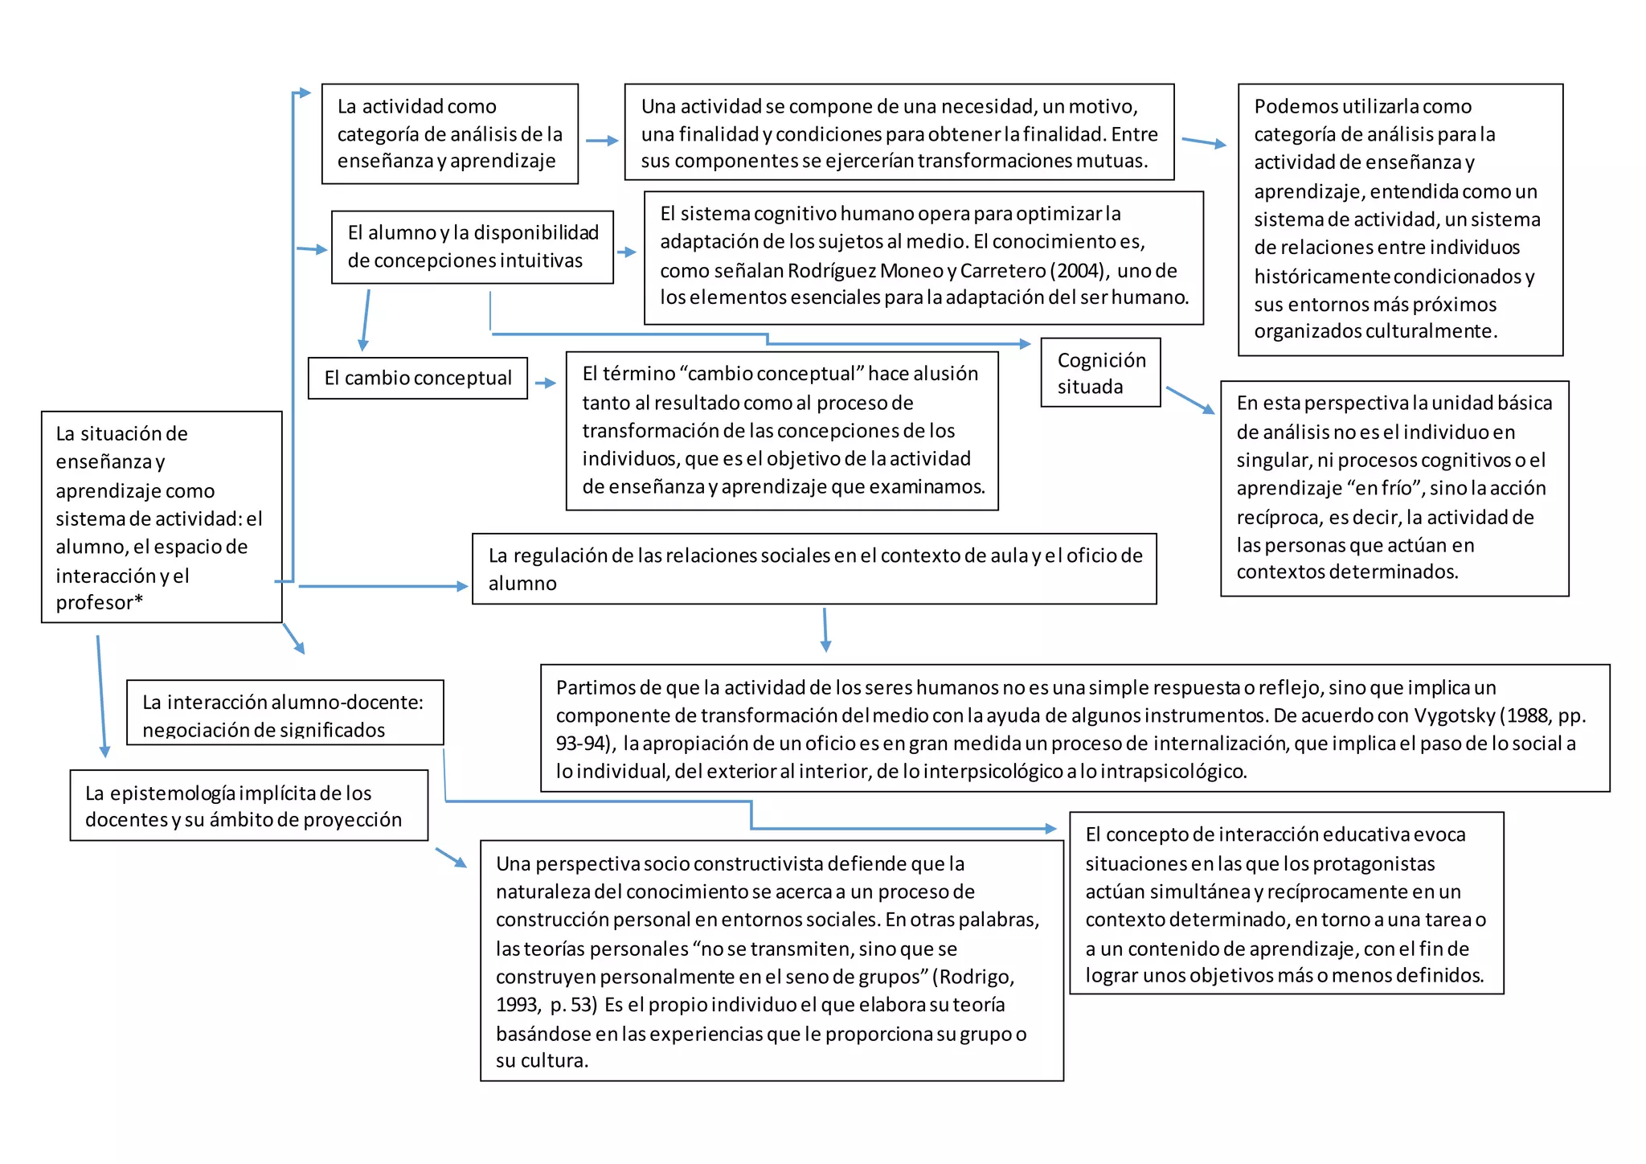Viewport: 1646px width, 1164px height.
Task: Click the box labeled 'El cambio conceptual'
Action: pos(417,378)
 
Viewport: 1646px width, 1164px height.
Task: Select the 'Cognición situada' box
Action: pos(1100,373)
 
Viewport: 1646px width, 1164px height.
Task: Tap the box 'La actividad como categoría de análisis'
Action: pos(449,133)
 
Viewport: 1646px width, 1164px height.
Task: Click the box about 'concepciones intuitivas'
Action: pos(472,247)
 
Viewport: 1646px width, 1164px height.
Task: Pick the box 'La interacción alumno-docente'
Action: pos(285,713)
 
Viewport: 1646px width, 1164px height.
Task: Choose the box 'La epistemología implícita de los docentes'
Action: pos(248,805)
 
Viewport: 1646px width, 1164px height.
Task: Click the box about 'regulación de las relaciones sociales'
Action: pos(813,568)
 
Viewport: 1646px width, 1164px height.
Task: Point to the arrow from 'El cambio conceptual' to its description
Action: pos(546,383)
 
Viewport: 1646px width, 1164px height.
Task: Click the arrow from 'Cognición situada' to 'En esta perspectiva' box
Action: pos(1190,400)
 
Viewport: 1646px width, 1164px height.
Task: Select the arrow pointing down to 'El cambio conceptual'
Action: pos(366,320)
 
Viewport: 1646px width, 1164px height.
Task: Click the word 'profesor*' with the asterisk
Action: pos(99,602)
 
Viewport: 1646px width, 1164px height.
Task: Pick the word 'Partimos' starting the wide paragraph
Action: pos(592,687)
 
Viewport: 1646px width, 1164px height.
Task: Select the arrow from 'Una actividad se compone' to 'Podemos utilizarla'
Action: pos(1204,142)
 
